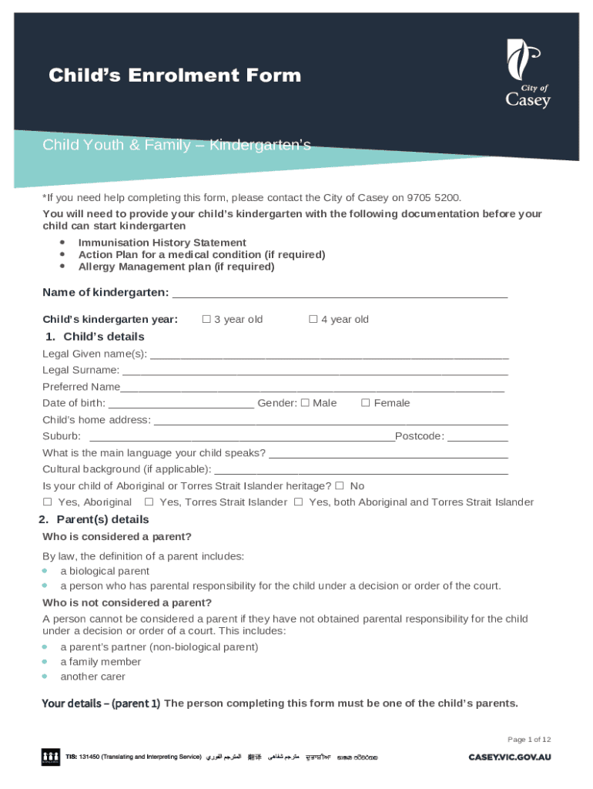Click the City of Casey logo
[x=528, y=75]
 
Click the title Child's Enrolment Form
[x=175, y=76]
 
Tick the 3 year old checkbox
[x=206, y=319]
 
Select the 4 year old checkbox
[x=313, y=319]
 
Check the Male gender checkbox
[x=305, y=403]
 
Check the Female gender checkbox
[x=366, y=403]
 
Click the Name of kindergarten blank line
[x=340, y=294]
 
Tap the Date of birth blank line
[x=181, y=404]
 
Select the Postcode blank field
[x=477, y=437]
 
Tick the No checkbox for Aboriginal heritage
[x=340, y=486]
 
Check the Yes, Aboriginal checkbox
[x=47, y=502]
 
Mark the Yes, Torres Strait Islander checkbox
[x=149, y=502]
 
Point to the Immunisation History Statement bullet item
[x=162, y=243]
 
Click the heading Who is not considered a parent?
[x=127, y=603]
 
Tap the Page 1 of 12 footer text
[x=529, y=740]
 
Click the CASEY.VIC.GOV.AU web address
[x=510, y=757]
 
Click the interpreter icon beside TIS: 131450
[x=51, y=757]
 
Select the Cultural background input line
[x=360, y=470]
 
